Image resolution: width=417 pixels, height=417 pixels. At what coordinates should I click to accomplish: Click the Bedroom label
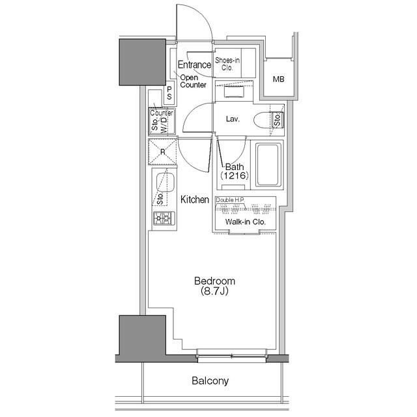tap(214, 281)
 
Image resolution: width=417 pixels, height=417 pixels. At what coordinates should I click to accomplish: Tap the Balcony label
tap(210, 381)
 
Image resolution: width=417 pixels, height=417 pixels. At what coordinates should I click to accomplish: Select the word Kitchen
tap(195, 199)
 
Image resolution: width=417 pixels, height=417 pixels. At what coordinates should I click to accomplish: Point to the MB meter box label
tap(278, 79)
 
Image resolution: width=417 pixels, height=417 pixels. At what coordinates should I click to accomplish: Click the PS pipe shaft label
tap(169, 93)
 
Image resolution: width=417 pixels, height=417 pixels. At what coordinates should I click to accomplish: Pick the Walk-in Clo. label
tap(245, 222)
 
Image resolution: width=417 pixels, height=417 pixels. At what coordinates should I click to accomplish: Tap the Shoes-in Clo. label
tap(227, 64)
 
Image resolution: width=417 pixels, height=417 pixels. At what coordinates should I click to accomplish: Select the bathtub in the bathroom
tap(268, 165)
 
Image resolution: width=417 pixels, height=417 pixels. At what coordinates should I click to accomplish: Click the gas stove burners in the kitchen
tap(164, 218)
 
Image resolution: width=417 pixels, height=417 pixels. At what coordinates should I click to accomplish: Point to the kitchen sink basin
tap(165, 182)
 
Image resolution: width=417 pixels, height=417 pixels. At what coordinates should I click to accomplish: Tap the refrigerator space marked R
tap(162, 152)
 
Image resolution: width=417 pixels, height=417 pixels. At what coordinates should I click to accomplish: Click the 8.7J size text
tap(214, 291)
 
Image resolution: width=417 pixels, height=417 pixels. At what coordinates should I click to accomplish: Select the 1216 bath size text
tap(235, 175)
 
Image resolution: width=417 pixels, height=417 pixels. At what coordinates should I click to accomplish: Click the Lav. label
tap(233, 119)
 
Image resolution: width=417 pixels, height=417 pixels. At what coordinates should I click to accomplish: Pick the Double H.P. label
tap(230, 200)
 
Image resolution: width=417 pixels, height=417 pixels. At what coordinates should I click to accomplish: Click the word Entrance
tap(194, 65)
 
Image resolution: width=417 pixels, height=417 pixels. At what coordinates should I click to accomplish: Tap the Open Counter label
tap(193, 81)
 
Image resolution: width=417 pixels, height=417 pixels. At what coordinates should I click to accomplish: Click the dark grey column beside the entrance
tap(143, 62)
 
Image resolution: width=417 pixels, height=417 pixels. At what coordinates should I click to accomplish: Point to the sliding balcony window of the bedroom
tap(232, 356)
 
